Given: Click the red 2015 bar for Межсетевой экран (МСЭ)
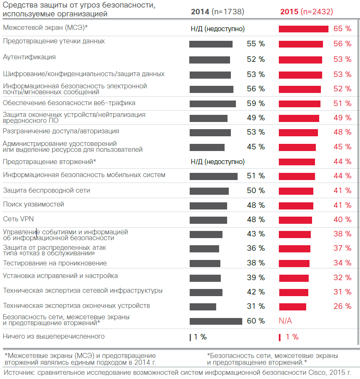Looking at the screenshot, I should pos(303,29).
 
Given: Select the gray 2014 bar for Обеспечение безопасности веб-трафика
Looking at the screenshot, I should pos(212,103).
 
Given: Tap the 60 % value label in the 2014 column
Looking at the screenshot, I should pos(256,321).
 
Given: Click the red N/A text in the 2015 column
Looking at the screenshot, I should pos(285,321).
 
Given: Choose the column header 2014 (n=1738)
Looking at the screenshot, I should pos(217,12).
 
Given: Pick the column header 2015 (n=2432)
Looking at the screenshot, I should pos(307,12).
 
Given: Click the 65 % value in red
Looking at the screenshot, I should pos(342,29).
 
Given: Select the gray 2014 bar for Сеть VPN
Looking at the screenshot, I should pos(208,220).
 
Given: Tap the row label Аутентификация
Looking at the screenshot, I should pos(29,57).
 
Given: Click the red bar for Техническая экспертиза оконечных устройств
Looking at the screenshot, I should pos(292,306).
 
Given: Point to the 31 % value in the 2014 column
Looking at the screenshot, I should pos(256,306).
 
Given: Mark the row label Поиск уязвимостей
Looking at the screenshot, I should pos(34,204).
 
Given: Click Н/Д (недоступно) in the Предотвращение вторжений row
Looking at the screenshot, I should pos(217,162).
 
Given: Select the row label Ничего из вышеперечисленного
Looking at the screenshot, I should pos(54,336).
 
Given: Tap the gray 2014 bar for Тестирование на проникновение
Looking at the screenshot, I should pos(205,263).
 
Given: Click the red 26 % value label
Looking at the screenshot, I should pos(342,306).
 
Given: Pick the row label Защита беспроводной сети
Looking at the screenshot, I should pos(46,190).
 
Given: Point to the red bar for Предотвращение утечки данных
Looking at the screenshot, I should pos(301,44).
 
